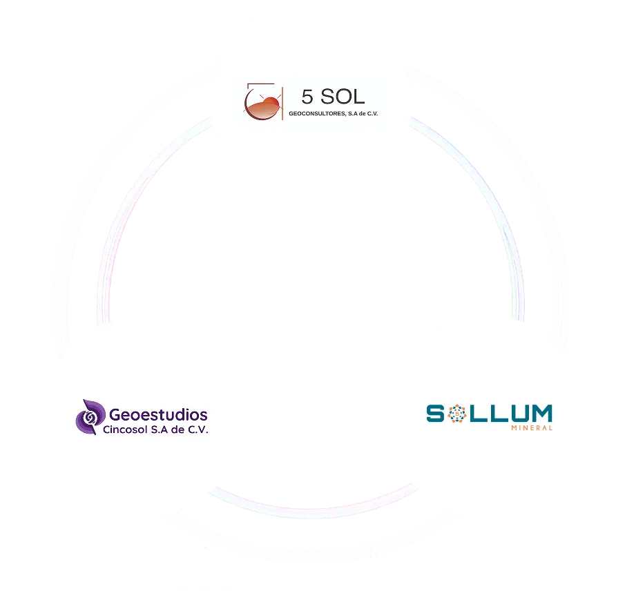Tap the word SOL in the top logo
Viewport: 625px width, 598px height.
point(343,96)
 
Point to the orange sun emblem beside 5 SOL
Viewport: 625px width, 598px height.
point(263,104)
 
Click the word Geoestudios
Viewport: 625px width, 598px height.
point(158,415)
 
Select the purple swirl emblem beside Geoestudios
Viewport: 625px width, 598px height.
point(89,417)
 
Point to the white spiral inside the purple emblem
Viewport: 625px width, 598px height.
point(88,417)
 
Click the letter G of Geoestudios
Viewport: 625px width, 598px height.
point(116,415)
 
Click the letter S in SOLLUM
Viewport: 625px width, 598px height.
point(435,413)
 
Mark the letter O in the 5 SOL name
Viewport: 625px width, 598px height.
point(342,96)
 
